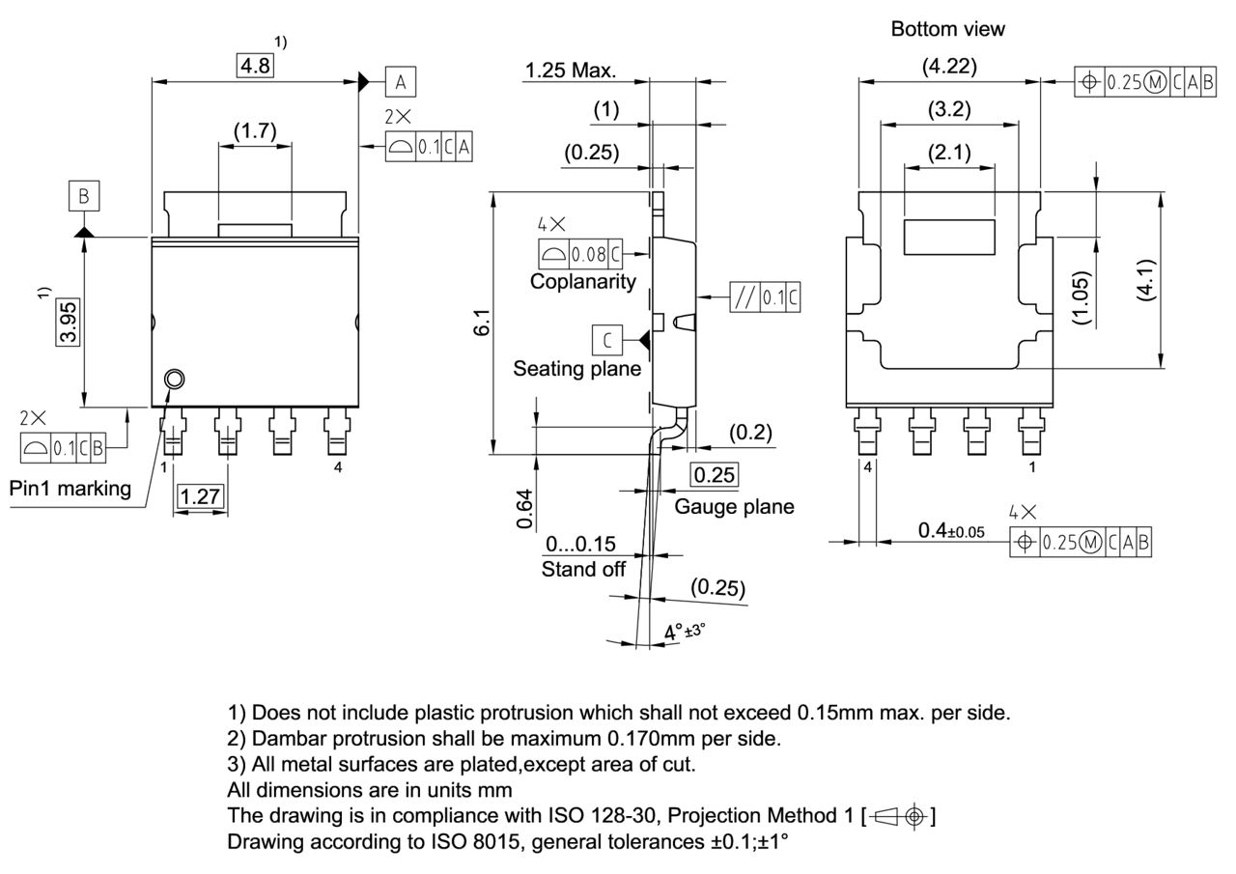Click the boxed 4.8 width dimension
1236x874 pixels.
tap(256, 66)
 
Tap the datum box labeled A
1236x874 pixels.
tap(401, 82)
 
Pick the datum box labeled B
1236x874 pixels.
tap(84, 197)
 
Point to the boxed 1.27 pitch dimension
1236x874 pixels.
tap(201, 496)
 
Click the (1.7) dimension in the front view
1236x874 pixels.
tap(255, 130)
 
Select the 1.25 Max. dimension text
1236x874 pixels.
tap(571, 70)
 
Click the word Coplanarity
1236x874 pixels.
tap(583, 281)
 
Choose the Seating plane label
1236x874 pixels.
tap(576, 368)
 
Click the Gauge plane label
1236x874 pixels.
tap(734, 506)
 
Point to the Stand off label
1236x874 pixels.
tap(583, 569)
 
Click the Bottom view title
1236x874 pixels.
tap(947, 29)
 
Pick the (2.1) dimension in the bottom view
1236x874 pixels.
tap(949, 152)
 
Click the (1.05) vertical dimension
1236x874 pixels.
tap(1081, 297)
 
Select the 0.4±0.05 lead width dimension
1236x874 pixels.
tap(951, 531)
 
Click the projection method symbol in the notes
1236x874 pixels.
tap(901, 817)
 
